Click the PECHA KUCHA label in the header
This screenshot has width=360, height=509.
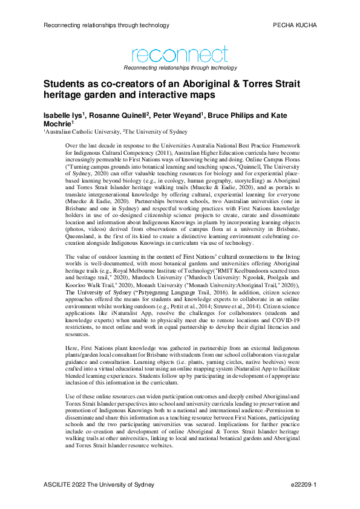[295, 25]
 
